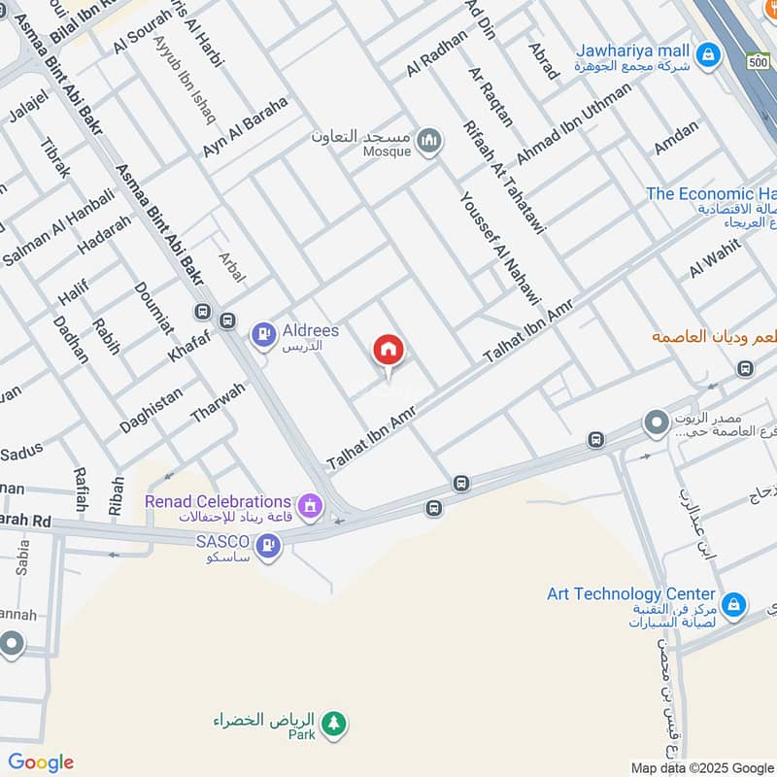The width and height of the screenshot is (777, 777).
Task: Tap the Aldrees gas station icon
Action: tap(261, 336)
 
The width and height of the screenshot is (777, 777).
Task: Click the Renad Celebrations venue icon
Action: tap(310, 504)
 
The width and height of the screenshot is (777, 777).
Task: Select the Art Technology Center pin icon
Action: tap(735, 605)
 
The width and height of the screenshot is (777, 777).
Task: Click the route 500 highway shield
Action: tap(759, 61)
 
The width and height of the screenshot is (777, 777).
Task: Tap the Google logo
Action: tap(40, 762)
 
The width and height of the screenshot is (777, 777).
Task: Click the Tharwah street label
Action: tap(218, 401)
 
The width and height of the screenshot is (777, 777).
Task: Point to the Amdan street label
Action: tap(676, 137)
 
